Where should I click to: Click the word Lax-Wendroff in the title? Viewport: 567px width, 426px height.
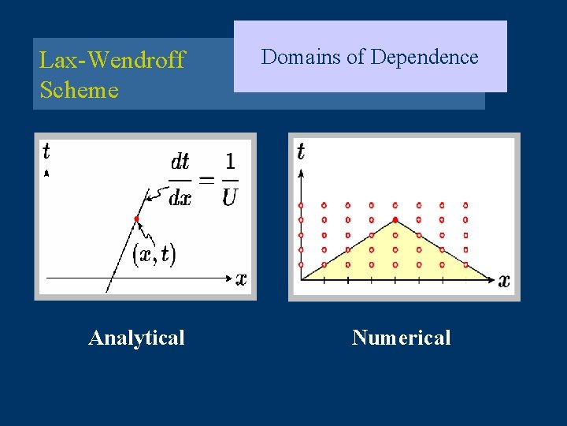[x=112, y=60]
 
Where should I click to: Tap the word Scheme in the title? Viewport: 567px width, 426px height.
[x=79, y=90]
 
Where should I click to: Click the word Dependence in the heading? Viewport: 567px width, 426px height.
[x=424, y=57]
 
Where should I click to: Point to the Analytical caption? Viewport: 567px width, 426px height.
[x=136, y=338]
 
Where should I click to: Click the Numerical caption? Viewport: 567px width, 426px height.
[x=401, y=338]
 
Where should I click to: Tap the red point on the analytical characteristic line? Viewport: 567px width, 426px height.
[x=137, y=219]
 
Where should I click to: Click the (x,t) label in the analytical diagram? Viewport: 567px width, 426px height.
[x=154, y=254]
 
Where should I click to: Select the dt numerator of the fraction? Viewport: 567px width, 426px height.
[x=180, y=162]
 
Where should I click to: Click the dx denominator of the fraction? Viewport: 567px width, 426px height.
[x=180, y=197]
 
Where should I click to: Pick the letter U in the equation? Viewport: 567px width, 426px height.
[x=229, y=197]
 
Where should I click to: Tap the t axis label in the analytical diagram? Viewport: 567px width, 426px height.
[x=46, y=150]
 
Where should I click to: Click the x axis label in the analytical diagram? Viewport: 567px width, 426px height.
[x=241, y=278]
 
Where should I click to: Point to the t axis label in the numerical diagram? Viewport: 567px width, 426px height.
[x=302, y=151]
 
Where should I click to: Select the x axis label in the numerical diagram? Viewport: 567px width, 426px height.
[x=504, y=280]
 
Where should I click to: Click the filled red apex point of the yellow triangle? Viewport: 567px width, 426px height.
[x=395, y=219]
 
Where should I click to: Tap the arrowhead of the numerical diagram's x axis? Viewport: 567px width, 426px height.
[x=491, y=279]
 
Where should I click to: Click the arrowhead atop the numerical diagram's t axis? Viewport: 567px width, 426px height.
[x=301, y=167]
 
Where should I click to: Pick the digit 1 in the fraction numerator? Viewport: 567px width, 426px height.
[x=229, y=162]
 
